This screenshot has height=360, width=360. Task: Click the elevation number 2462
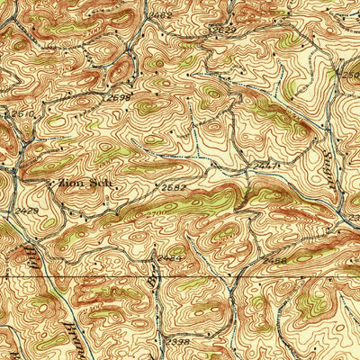(x=162, y=15)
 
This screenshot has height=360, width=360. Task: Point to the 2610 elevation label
(x=19, y=115)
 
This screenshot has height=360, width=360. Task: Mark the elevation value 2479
(x=27, y=211)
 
